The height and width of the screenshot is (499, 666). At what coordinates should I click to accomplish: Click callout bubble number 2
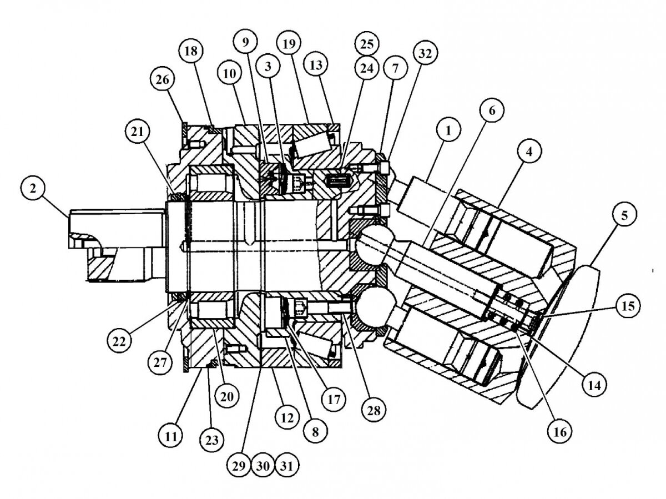coord(33,189)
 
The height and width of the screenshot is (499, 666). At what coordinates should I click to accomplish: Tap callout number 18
coord(190,52)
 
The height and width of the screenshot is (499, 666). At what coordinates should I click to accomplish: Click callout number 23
coord(213,440)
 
